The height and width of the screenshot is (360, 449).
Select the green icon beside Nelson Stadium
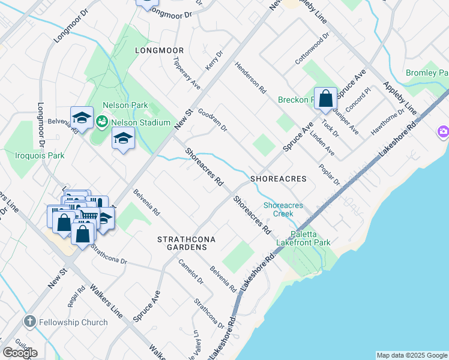pyautogui.click(x=102, y=122)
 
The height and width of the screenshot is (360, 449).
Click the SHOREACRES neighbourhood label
pyautogui.click(x=278, y=179)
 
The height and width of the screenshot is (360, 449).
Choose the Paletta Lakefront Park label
pyautogui.click(x=303, y=238)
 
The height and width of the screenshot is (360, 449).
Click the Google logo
pyautogui.click(x=20, y=352)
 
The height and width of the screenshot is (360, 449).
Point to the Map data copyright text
pyautogui.click(x=411, y=355)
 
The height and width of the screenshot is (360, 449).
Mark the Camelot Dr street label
pyautogui.click(x=191, y=271)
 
